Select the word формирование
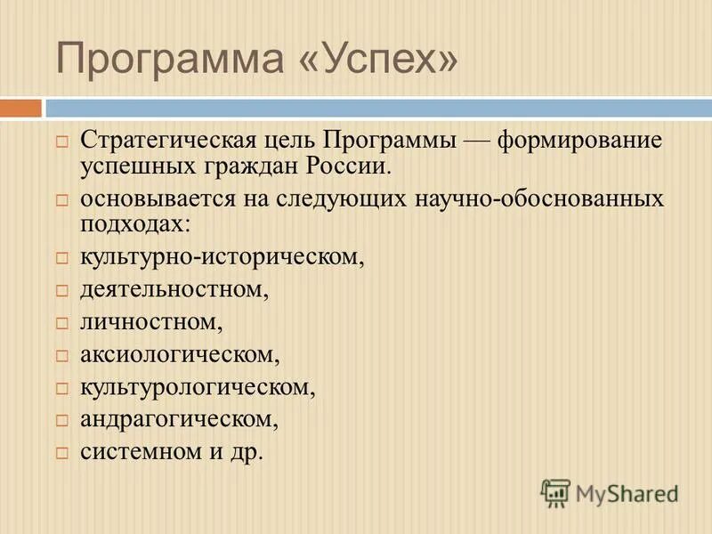pos(579,142)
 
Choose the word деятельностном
pos(174,289)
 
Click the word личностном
pos(150,321)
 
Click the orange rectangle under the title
pos(20,108)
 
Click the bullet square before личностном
pos(62,323)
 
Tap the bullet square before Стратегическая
pos(62,142)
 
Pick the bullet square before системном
pos(62,452)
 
